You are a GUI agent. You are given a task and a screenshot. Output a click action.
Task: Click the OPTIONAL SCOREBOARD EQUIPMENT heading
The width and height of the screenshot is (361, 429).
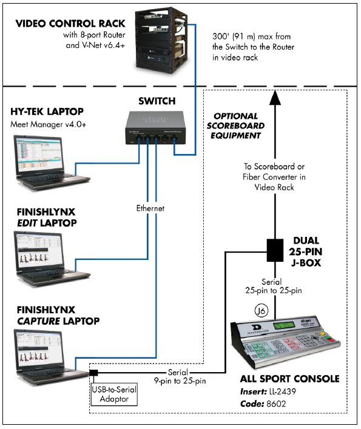point(235,125)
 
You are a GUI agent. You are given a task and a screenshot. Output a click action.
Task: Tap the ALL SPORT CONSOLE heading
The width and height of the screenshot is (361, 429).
point(288,379)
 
